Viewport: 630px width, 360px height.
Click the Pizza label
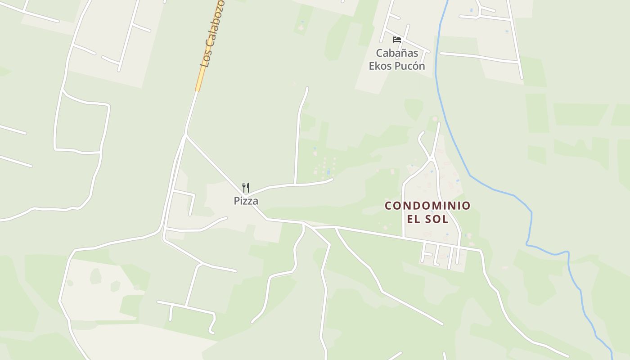pyautogui.click(x=246, y=201)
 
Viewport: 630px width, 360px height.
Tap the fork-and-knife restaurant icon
pyautogui.click(x=246, y=187)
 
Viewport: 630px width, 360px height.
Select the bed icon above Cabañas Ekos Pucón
pyautogui.click(x=396, y=40)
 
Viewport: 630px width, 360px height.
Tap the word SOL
pyautogui.click(x=439, y=219)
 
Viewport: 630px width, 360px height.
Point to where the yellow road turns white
pyautogui.click(x=197, y=90)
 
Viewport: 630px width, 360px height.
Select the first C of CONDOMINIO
pyautogui.click(x=388, y=206)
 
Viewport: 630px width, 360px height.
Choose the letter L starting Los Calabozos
pyautogui.click(x=204, y=63)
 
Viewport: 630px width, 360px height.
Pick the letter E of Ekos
pyautogui.click(x=372, y=66)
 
